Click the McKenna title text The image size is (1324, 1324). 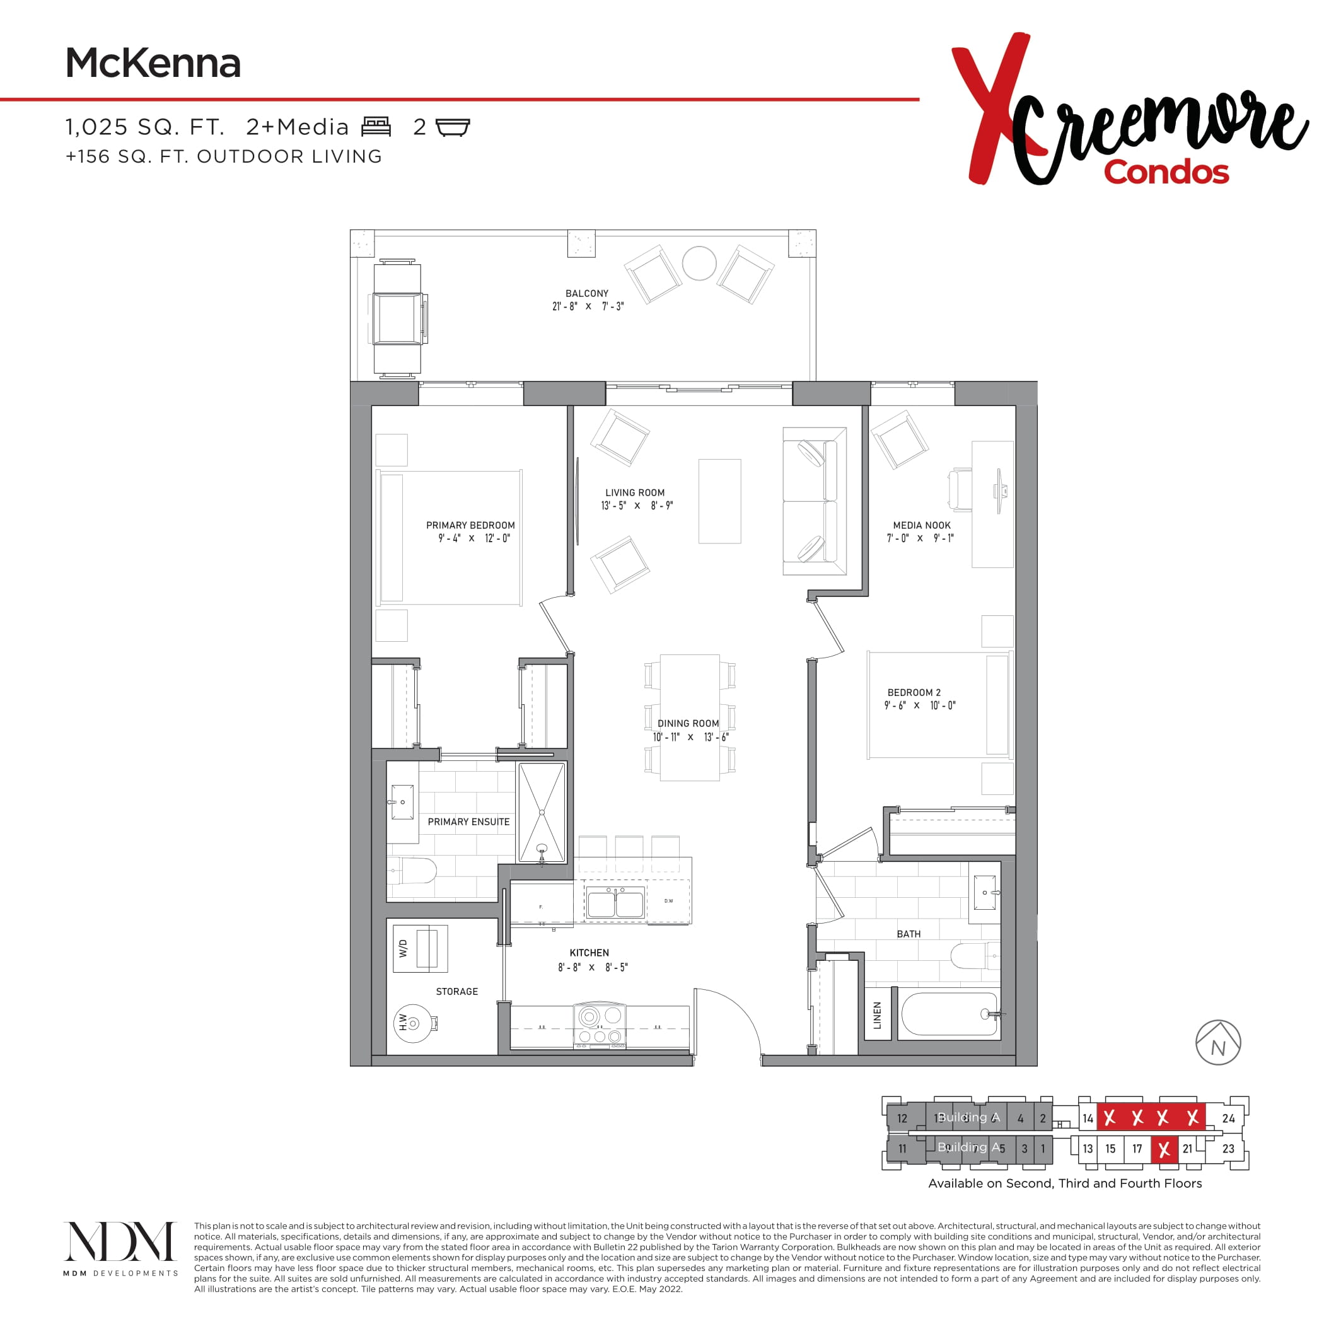pos(153,64)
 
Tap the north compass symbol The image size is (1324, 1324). pos(1218,1042)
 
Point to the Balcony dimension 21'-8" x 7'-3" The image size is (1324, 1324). pos(588,306)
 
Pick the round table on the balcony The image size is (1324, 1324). pos(699,262)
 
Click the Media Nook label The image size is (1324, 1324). pos(922,526)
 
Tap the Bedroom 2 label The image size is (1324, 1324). pos(914,693)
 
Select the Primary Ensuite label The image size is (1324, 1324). pos(468,822)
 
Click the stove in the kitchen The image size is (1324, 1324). pos(600,1025)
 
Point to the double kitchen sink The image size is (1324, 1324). pos(615,904)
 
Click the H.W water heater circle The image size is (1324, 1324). pos(414,1023)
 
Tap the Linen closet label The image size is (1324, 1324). pos(877,1014)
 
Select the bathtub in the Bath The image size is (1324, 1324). pos(948,1014)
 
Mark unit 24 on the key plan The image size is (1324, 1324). pos(1228,1118)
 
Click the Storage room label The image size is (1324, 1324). pos(457,992)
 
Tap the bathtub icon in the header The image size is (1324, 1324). pos(453,127)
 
